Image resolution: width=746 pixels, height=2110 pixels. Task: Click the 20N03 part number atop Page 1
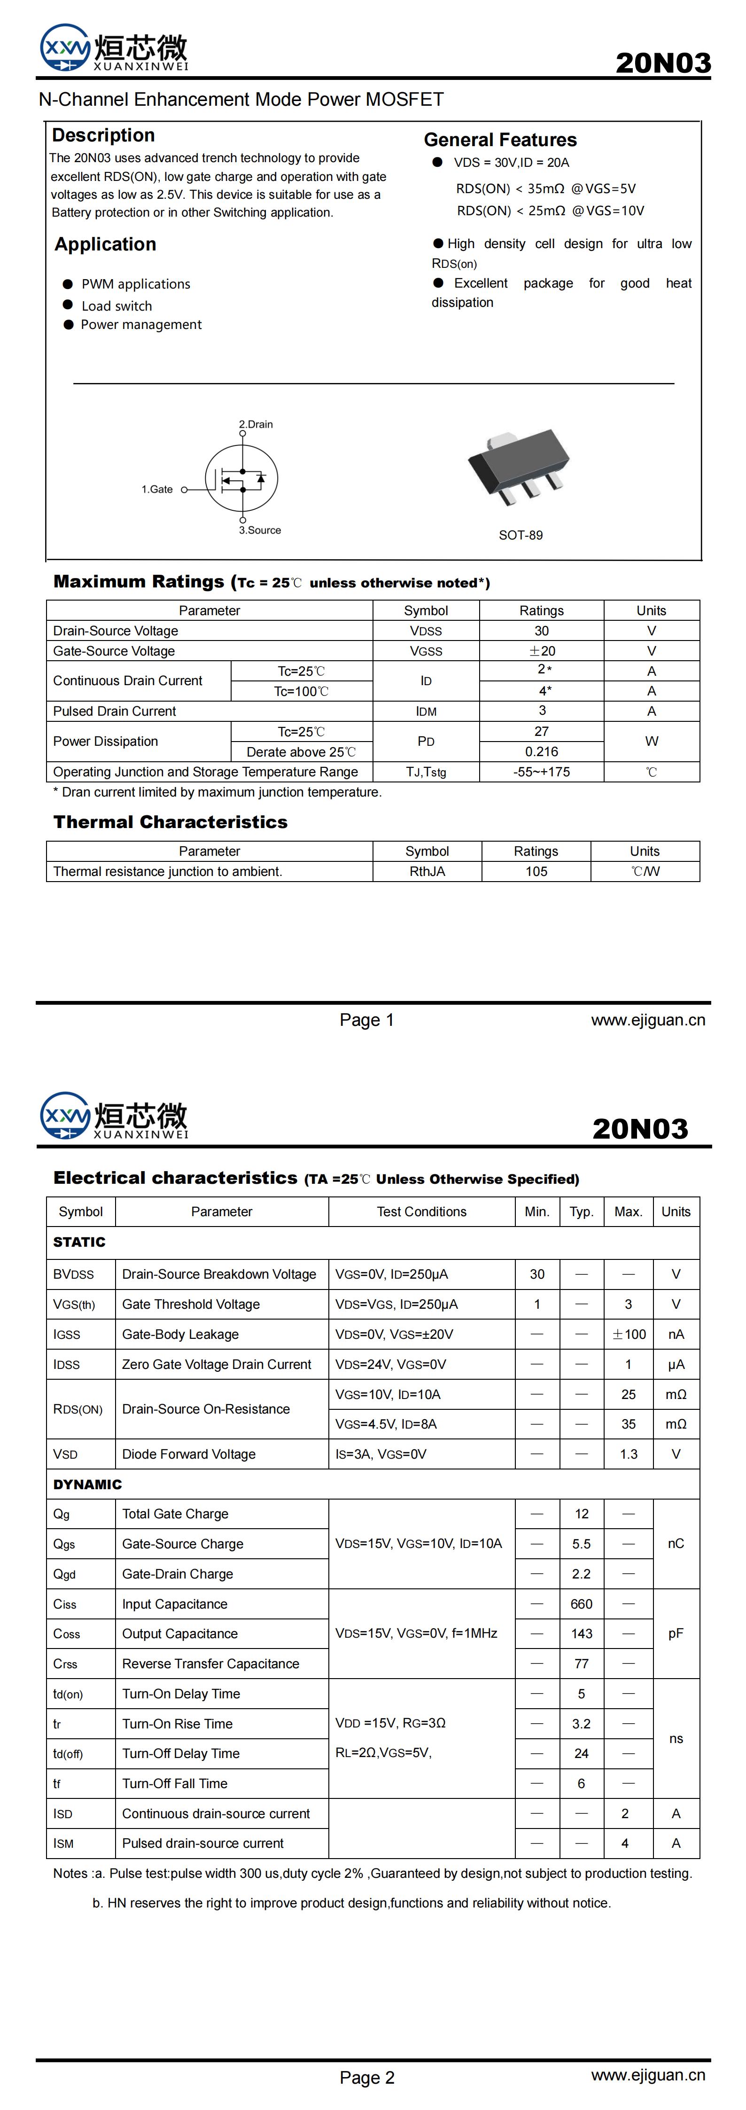coord(662,63)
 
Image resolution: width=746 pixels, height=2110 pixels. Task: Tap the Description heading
coord(103,135)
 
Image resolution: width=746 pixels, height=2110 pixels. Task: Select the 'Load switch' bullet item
coord(117,305)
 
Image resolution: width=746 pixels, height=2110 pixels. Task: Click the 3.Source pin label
coord(260,530)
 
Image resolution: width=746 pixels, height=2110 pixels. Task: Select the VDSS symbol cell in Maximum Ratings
coord(426,631)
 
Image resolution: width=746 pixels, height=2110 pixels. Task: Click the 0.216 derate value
coord(541,751)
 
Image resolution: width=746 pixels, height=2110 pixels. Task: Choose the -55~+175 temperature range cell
coord(541,772)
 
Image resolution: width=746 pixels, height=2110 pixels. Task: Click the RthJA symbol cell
coord(427,872)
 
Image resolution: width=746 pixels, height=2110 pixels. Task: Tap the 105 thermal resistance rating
coord(536,872)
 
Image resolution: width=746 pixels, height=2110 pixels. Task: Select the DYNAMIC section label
coord(88,1484)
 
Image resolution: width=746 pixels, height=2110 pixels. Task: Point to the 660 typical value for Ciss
coord(582,1604)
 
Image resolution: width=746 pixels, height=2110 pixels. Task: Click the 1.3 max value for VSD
coord(628,1454)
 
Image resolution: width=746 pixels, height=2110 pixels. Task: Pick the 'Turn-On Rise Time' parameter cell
coord(178,1723)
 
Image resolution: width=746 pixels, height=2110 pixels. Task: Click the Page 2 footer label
coord(367,2077)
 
